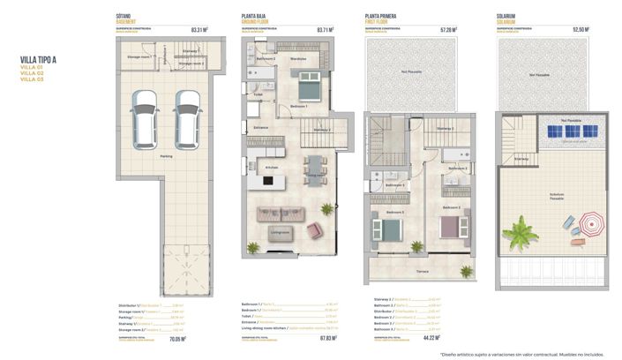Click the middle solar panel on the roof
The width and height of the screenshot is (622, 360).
coord(570,131)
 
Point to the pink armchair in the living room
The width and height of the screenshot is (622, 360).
coord(313,230)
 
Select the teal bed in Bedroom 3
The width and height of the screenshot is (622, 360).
coord(389,230)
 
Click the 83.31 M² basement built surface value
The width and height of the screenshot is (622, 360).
coord(199,30)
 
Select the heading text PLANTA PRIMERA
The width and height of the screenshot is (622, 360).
coord(383,16)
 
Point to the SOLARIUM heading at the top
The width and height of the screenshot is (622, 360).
coord(507,16)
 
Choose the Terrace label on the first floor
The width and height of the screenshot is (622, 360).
coord(423,272)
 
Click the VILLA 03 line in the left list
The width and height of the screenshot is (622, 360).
coord(32,79)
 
